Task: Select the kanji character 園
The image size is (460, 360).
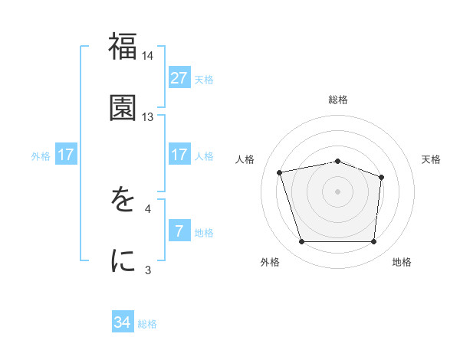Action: tap(123, 107)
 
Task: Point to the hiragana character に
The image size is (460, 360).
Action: tap(123, 261)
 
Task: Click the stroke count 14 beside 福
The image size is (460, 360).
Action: tap(148, 56)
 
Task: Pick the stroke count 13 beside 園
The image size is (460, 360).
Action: tap(148, 117)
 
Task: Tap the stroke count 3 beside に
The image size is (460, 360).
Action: tap(148, 270)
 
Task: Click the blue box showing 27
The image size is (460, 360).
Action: tap(179, 77)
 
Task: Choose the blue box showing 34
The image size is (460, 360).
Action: tap(123, 322)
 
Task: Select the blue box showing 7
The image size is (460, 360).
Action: tap(179, 231)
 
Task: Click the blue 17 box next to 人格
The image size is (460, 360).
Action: tap(179, 155)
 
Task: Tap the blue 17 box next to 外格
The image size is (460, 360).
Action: tap(66, 155)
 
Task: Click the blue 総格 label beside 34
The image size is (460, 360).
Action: tap(147, 324)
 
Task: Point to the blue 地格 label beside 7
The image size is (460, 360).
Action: tap(204, 233)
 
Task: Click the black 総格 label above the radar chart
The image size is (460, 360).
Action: tap(338, 100)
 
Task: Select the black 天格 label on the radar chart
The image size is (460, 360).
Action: tap(432, 159)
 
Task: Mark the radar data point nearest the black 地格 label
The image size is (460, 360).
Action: tap(373, 242)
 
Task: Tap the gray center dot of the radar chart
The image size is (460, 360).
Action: tap(338, 191)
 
